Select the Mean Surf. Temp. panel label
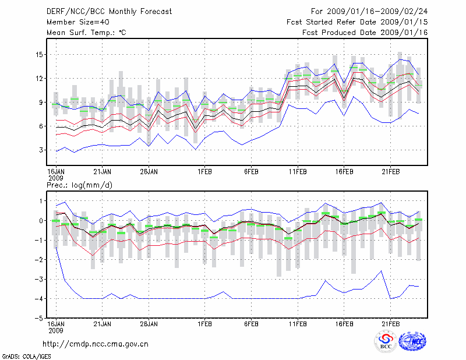pyautogui.click(x=86, y=33)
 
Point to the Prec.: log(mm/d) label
pyautogui.click(x=79, y=185)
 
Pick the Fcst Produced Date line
pyautogui.click(x=365, y=33)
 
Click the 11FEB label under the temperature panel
pyautogui.click(x=298, y=171)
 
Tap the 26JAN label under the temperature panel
pyautogui.click(x=149, y=171)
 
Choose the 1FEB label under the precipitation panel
pyautogui.click(x=204, y=324)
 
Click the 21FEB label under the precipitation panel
pyautogui.click(x=391, y=324)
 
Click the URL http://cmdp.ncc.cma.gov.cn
pyautogui.click(x=96, y=344)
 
